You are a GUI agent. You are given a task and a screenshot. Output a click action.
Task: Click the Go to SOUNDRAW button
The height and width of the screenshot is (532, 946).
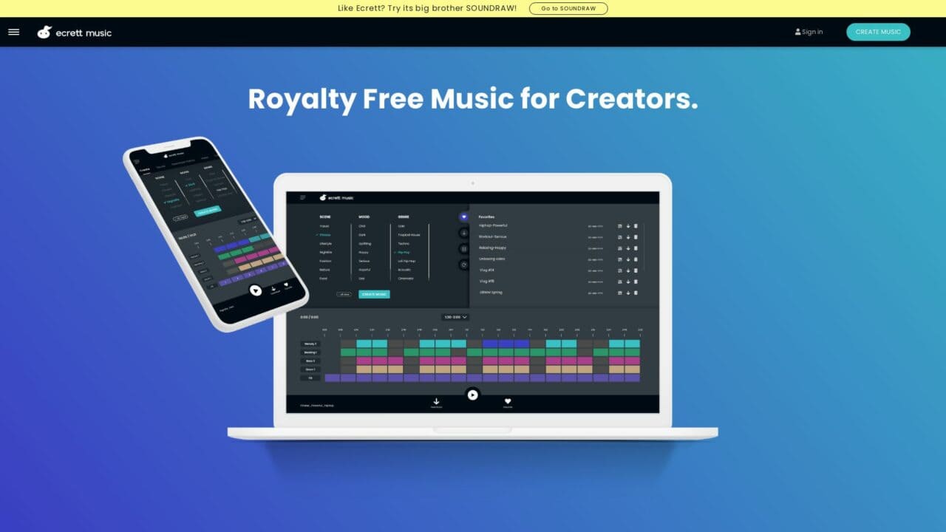click(x=568, y=9)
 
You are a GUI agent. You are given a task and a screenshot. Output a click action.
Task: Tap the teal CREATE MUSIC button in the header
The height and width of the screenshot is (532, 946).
click(x=878, y=32)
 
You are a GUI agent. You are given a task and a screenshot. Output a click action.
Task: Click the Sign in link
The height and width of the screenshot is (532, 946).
click(x=809, y=32)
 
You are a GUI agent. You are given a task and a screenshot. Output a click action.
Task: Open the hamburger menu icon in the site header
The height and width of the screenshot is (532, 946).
click(x=14, y=32)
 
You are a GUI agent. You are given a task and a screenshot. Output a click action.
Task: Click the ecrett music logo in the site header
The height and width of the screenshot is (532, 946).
click(x=75, y=33)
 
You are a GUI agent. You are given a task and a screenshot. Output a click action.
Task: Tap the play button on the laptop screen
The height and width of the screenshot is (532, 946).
click(x=472, y=395)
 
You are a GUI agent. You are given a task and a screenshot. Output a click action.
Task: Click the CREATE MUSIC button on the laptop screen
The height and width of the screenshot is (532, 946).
click(x=374, y=294)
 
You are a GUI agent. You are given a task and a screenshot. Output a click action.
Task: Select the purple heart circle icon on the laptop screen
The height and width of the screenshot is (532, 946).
click(x=464, y=217)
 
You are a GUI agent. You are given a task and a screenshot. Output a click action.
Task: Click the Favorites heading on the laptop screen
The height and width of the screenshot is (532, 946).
click(x=486, y=216)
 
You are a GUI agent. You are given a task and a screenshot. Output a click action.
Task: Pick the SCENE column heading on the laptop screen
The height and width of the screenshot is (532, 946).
click(x=325, y=216)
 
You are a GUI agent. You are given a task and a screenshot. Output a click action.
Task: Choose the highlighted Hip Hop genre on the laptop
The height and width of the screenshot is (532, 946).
click(x=404, y=252)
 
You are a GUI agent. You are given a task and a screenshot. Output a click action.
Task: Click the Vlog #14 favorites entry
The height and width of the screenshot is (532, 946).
click(x=486, y=270)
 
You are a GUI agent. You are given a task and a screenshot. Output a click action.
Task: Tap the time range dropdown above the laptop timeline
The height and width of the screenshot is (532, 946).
click(x=455, y=317)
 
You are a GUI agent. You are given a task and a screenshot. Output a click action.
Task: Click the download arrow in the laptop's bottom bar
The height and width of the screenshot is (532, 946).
click(x=436, y=401)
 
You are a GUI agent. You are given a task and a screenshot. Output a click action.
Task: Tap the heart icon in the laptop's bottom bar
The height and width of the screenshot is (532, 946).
click(x=508, y=401)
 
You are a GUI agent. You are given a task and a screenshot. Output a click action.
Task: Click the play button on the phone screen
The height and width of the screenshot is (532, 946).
click(x=255, y=291)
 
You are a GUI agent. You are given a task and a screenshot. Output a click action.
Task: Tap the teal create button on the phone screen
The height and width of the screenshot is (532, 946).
click(x=207, y=211)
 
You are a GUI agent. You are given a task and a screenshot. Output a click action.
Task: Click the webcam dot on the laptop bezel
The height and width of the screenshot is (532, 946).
click(x=472, y=183)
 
